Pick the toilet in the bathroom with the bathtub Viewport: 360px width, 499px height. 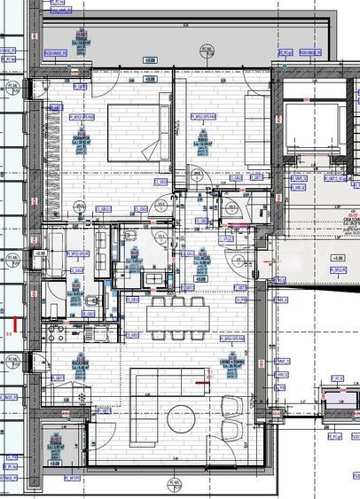(x=94, y=301)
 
